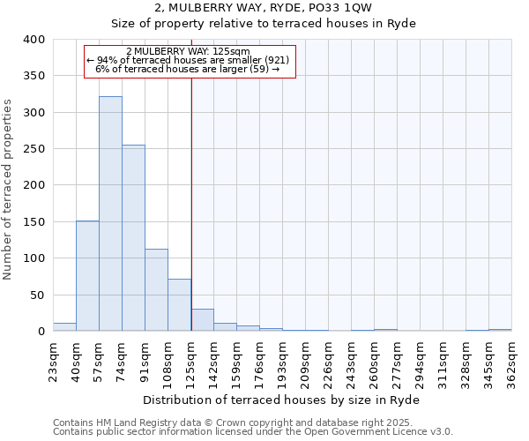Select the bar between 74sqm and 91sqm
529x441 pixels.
coord(133,238)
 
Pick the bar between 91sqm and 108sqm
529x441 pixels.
coord(156,290)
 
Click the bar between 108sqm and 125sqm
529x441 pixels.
coord(179,305)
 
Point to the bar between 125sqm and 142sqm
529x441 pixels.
coord(202,320)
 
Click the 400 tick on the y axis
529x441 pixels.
coord(34,40)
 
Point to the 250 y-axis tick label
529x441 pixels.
coord(34,149)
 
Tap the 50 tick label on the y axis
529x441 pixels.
coord(37,295)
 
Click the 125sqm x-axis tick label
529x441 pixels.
coord(191,360)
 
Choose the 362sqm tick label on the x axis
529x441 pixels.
coord(511,360)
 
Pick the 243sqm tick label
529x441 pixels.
coord(352,360)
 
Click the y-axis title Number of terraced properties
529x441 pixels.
coord(8,190)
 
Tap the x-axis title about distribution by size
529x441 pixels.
coord(281,400)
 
